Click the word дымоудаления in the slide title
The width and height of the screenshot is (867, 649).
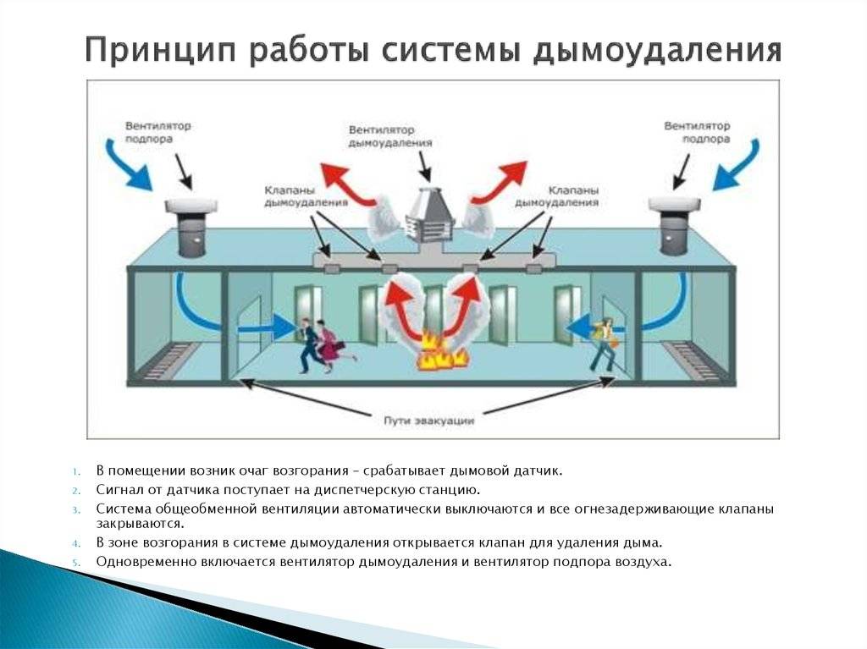pos(657,51)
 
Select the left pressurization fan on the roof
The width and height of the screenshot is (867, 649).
pos(191,227)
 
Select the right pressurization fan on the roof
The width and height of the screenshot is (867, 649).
pos(674,226)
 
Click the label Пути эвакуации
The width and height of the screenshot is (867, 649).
pos(429,421)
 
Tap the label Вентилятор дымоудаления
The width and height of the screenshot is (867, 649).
pos(389,136)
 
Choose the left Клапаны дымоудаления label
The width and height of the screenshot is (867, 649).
pos(305,196)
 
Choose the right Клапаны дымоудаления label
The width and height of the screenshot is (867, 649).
pos(556,196)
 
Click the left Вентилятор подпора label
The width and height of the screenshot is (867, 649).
pos(157,132)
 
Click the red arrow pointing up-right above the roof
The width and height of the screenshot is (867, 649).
pos(499,183)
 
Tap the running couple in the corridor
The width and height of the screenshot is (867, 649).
pos(322,345)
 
